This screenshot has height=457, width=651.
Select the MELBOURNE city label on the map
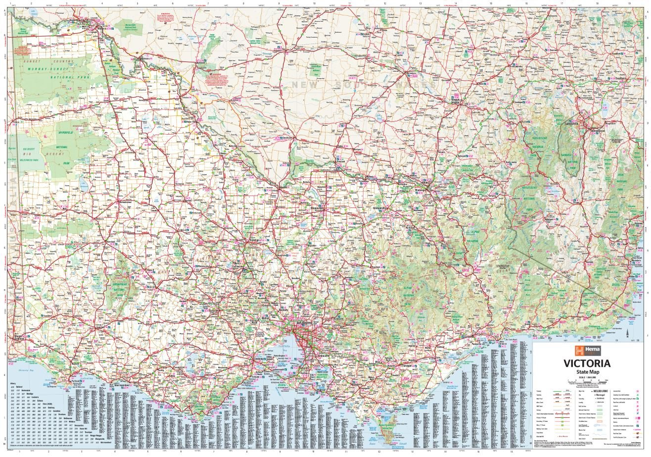click(x=305, y=323)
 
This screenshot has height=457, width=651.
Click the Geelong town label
click(x=261, y=358)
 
